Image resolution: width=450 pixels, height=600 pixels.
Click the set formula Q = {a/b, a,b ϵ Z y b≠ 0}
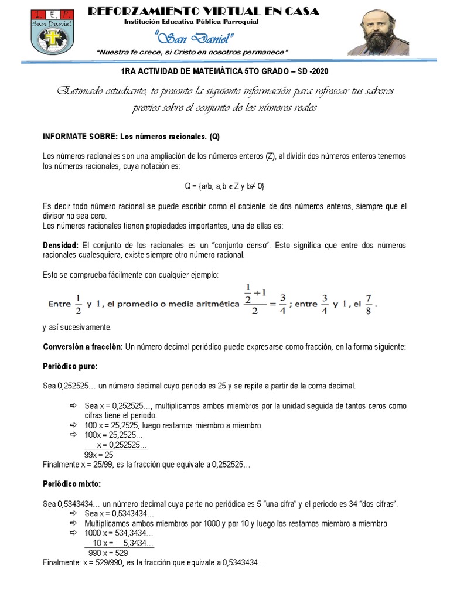pyautogui.click(x=224, y=186)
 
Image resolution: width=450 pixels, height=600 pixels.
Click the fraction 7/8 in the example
pyautogui.click(x=368, y=304)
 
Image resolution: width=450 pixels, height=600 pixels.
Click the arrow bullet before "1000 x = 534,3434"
pyautogui.click(x=73, y=533)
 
